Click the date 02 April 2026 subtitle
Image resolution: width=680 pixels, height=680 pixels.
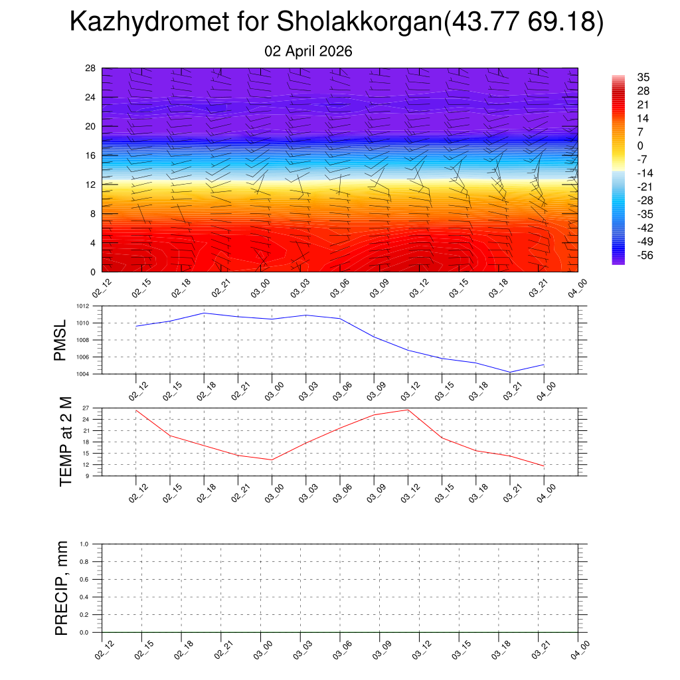pos(308,51)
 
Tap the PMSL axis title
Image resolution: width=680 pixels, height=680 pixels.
pos(60,340)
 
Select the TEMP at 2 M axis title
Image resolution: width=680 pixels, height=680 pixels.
pos(65,442)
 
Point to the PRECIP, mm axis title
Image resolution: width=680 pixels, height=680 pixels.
pos(62,588)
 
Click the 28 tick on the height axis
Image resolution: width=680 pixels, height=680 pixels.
pos(91,68)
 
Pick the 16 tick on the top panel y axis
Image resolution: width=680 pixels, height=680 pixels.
pos(91,155)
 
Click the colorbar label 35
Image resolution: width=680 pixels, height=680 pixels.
pos(643,77)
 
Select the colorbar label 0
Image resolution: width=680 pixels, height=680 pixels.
pos(640,145)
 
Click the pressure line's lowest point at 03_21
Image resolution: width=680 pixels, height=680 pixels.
pos(510,372)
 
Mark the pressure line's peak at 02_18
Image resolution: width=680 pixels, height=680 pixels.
pos(204,313)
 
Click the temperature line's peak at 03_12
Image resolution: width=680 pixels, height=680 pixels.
pos(408,410)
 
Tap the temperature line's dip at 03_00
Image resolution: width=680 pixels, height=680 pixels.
pos(272,460)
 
